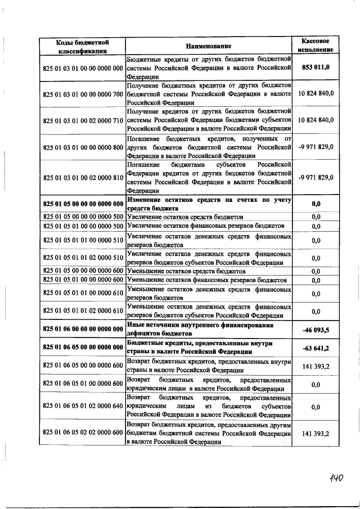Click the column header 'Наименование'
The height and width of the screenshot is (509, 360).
(208, 46)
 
